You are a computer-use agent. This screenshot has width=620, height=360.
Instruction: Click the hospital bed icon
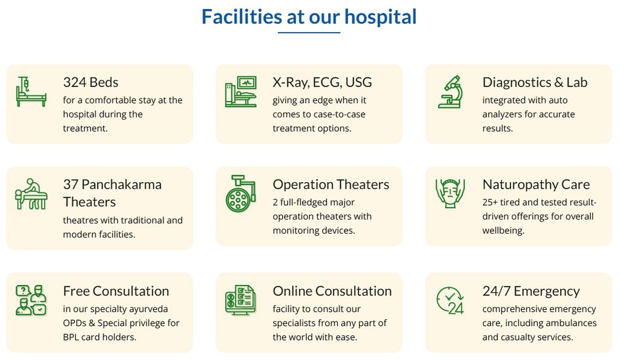point(31,92)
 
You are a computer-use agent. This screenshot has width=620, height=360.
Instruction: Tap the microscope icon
point(450,92)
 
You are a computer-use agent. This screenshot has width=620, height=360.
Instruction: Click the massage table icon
point(31,194)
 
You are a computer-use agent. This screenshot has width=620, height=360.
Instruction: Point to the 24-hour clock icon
point(450,300)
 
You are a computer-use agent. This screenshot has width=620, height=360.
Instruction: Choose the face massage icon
point(450,193)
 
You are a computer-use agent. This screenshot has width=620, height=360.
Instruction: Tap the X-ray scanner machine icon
point(241,92)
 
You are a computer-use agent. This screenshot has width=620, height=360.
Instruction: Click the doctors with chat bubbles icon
point(31,300)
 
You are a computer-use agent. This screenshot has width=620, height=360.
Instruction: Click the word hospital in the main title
point(380,17)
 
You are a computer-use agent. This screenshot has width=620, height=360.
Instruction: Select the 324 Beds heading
point(91,82)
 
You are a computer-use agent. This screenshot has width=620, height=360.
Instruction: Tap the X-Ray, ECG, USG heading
point(322,82)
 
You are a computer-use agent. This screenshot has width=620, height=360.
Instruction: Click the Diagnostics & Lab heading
point(535,82)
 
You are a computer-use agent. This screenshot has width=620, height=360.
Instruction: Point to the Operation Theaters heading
point(331,185)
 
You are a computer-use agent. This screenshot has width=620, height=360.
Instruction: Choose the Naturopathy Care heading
point(536,185)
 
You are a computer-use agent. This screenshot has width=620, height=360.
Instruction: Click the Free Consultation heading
point(116,291)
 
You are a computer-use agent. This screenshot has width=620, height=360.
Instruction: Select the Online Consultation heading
point(332,291)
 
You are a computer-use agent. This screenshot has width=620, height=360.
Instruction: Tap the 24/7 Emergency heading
point(531,291)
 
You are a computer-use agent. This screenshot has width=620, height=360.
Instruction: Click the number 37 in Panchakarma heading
point(71,185)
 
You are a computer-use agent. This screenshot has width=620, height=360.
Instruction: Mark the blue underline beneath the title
point(309,33)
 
